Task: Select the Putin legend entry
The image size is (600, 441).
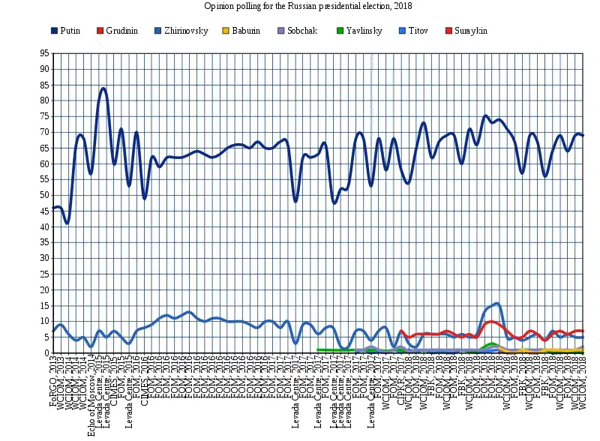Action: point(70,30)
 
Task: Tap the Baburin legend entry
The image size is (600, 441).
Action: point(247,30)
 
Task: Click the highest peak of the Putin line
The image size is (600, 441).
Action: point(103,88)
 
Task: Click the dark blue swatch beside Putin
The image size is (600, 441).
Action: point(54,30)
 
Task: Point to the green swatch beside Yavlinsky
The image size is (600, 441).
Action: point(340,30)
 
